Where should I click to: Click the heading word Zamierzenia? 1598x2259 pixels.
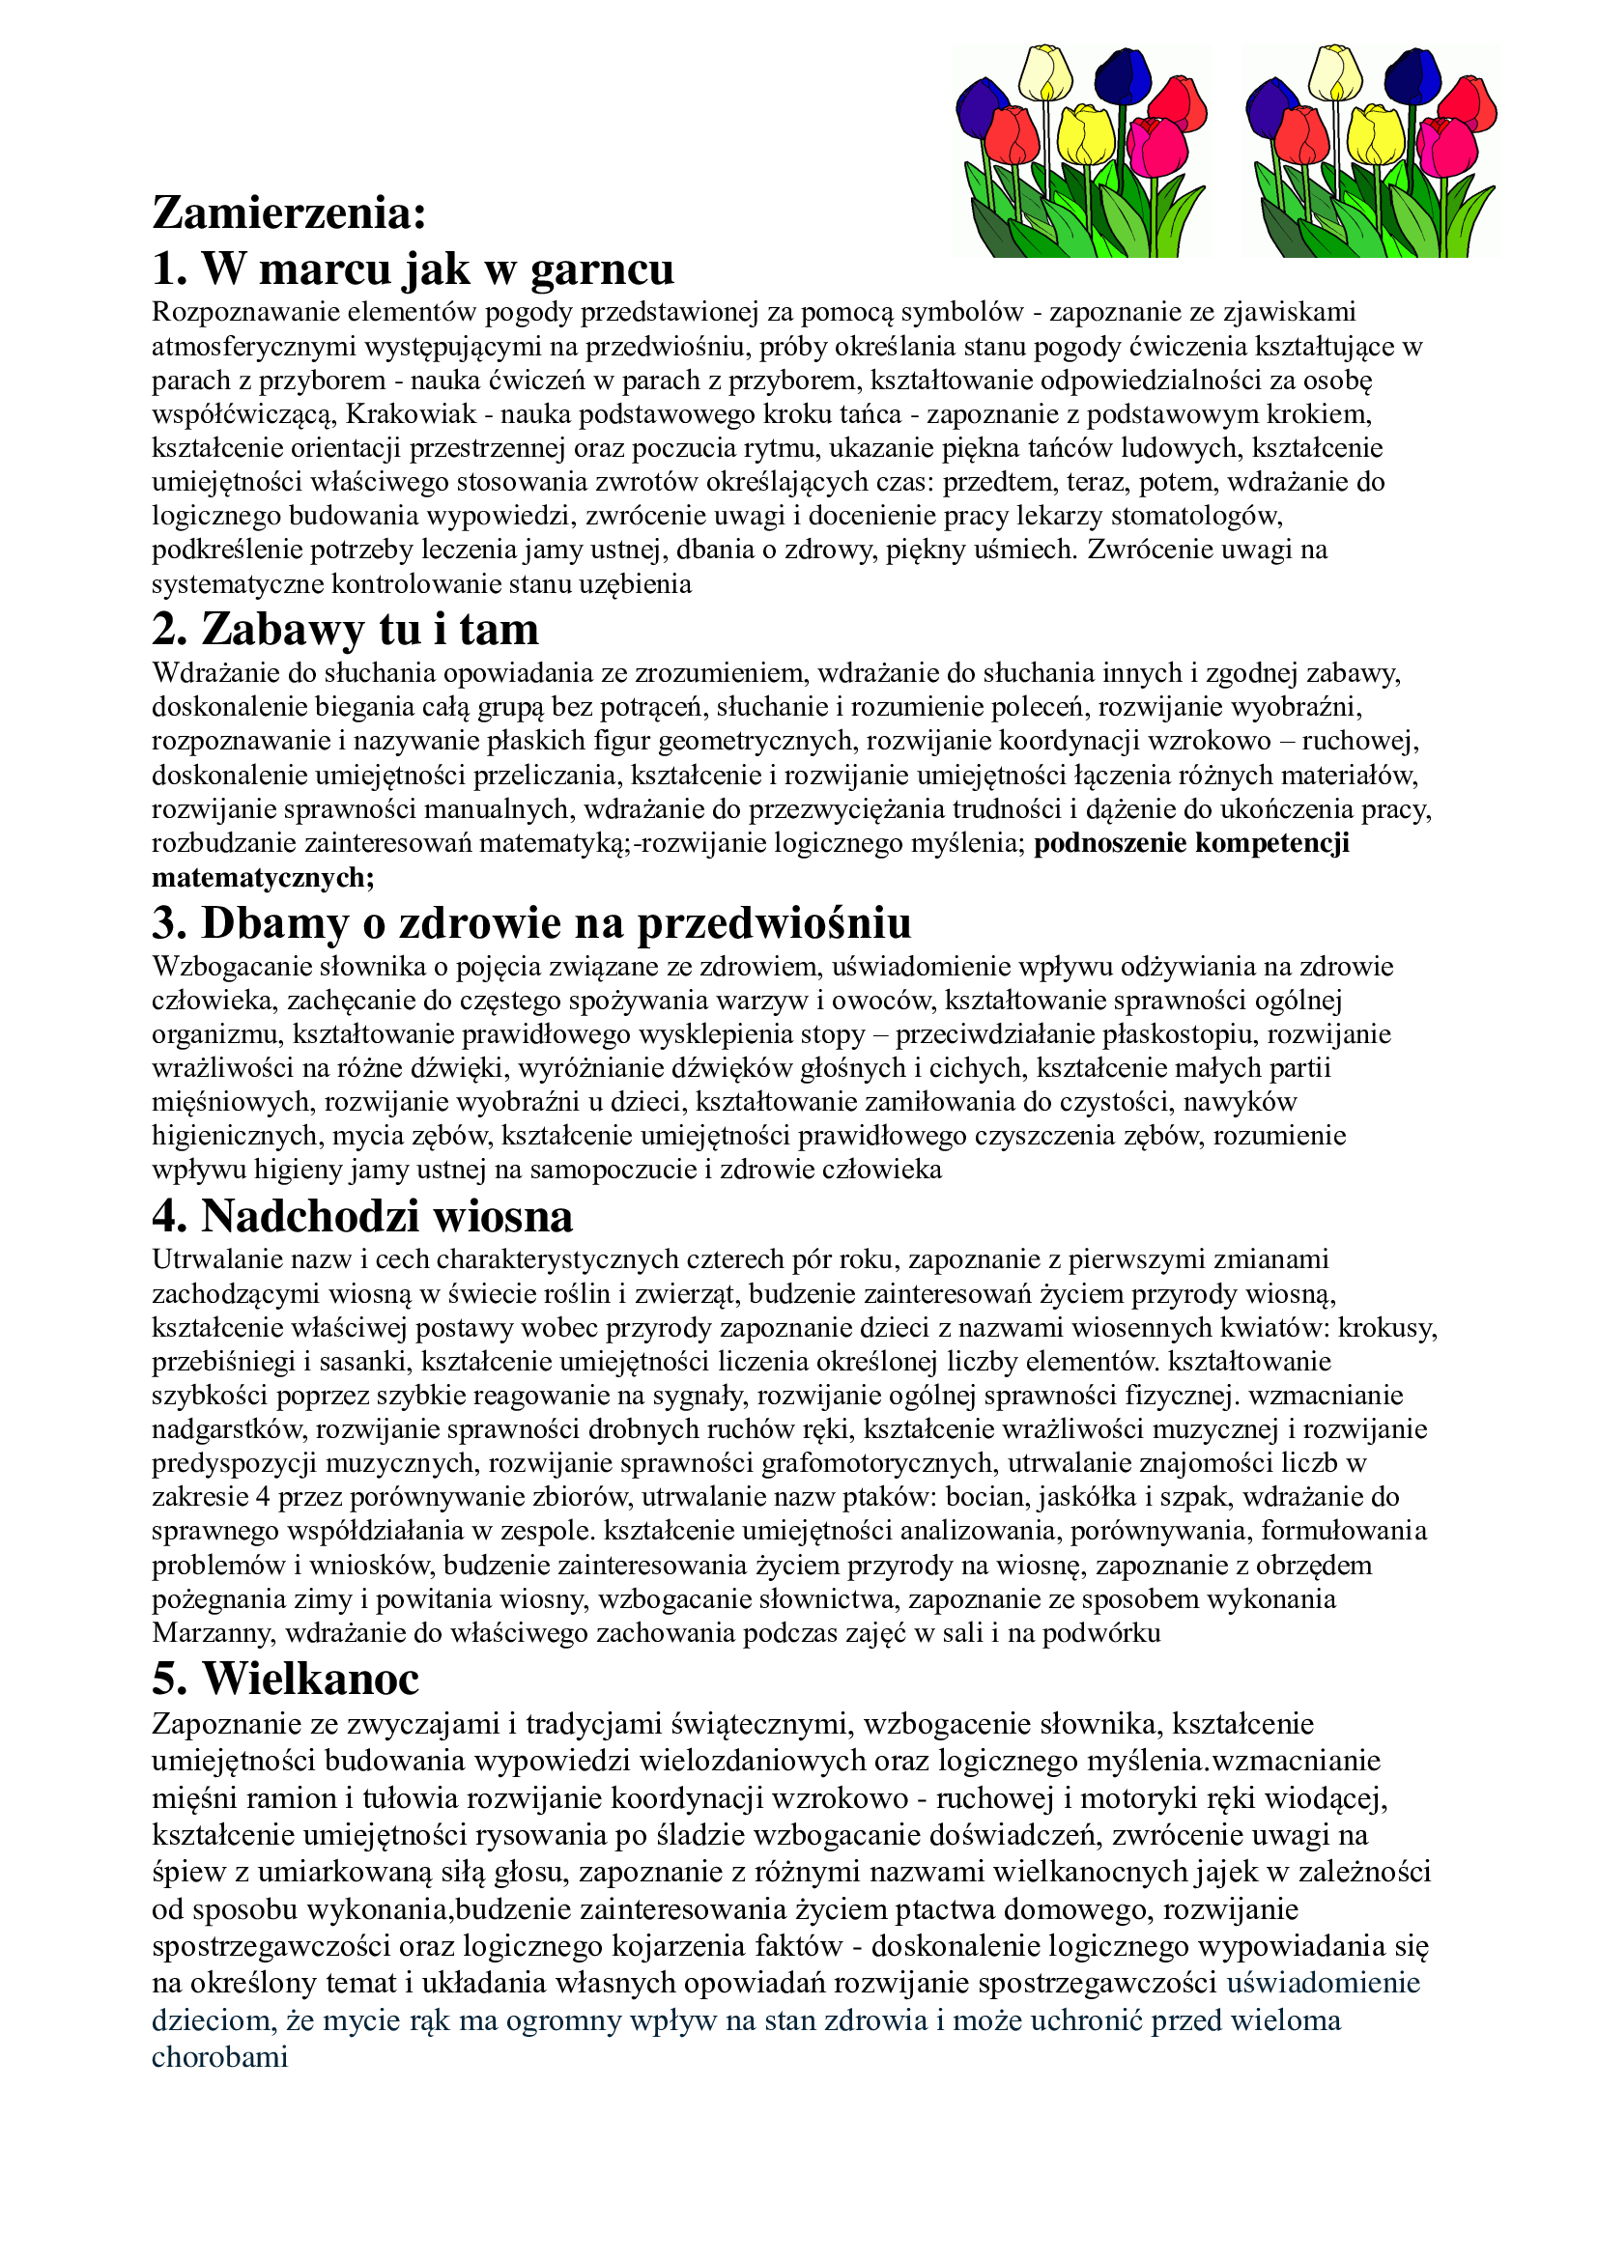pyautogui.click(x=289, y=212)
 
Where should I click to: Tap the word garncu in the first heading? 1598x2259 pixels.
pyautogui.click(x=602, y=269)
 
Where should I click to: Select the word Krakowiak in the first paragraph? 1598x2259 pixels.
pyautogui.click(x=411, y=414)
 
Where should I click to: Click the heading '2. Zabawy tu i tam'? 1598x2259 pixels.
pyautogui.click(x=345, y=629)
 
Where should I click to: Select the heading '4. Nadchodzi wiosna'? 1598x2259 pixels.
pyautogui.click(x=362, y=1216)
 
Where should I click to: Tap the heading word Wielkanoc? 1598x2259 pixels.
pyautogui.click(x=311, y=1679)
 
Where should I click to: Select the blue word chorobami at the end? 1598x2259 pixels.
pyautogui.click(x=219, y=2057)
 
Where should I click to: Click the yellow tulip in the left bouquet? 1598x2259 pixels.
pyautogui.click(x=1085, y=136)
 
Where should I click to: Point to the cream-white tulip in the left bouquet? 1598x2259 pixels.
pyautogui.click(x=1045, y=72)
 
